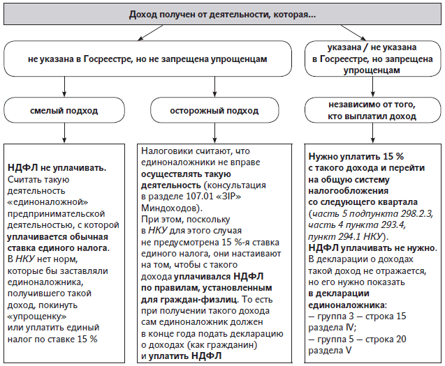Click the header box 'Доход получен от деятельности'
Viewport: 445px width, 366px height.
click(x=222, y=15)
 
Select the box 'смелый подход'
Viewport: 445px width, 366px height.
click(x=64, y=110)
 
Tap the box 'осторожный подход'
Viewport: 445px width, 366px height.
click(x=214, y=110)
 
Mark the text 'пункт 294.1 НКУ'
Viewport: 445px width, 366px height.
click(x=346, y=236)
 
